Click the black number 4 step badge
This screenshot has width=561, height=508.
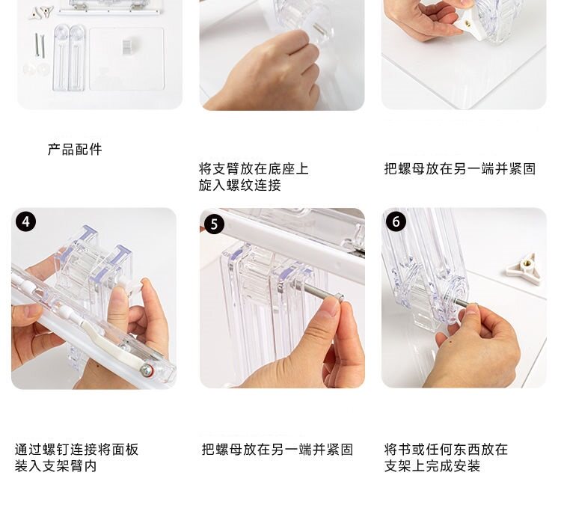pos(25,221)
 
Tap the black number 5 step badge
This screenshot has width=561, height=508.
pos(214,224)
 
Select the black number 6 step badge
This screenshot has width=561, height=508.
pos(396,221)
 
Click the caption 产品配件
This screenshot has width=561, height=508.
pos(75,149)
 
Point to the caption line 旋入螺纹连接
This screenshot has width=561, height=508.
pos(239,185)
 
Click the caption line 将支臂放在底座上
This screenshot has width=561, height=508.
pos(254,168)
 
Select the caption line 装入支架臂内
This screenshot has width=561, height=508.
pos(56,466)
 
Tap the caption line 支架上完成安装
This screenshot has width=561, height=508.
pos(432,466)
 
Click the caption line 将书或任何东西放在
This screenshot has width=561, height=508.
pos(446,450)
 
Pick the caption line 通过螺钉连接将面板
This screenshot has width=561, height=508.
pos(76,450)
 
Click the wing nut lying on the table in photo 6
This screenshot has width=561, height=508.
pos(521,266)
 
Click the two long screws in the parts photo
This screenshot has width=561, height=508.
pos(40,45)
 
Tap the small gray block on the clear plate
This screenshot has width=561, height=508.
pos(127,46)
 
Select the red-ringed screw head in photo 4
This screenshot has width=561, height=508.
pos(147,370)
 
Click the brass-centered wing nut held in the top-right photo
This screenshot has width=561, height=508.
pos(465,22)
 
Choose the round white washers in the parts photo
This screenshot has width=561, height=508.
pos(36,69)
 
